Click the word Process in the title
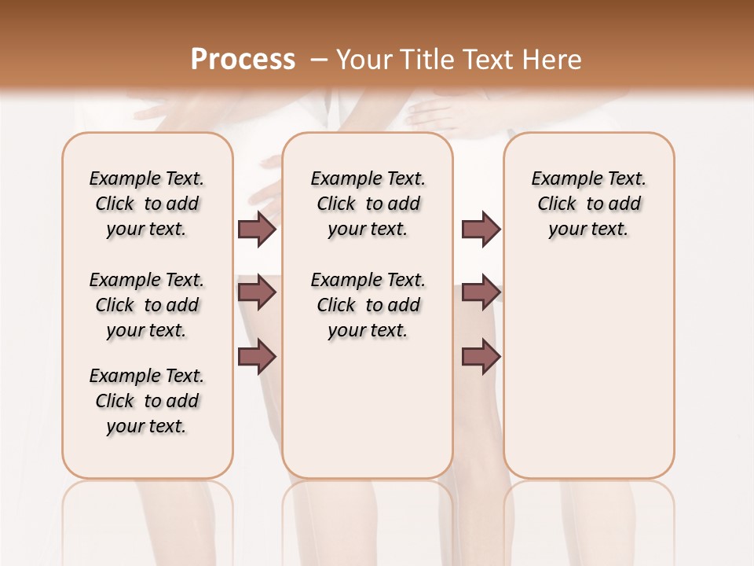(x=242, y=60)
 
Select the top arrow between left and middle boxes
(x=257, y=230)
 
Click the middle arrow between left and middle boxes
(x=257, y=292)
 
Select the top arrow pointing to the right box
(x=481, y=230)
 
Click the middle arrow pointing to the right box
(x=481, y=292)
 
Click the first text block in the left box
(x=147, y=204)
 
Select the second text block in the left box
(x=147, y=305)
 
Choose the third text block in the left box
(x=147, y=401)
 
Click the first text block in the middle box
(x=368, y=204)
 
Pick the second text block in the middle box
(x=368, y=305)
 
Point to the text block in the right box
(x=589, y=204)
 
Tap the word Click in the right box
(x=557, y=204)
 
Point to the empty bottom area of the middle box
(x=368, y=417)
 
